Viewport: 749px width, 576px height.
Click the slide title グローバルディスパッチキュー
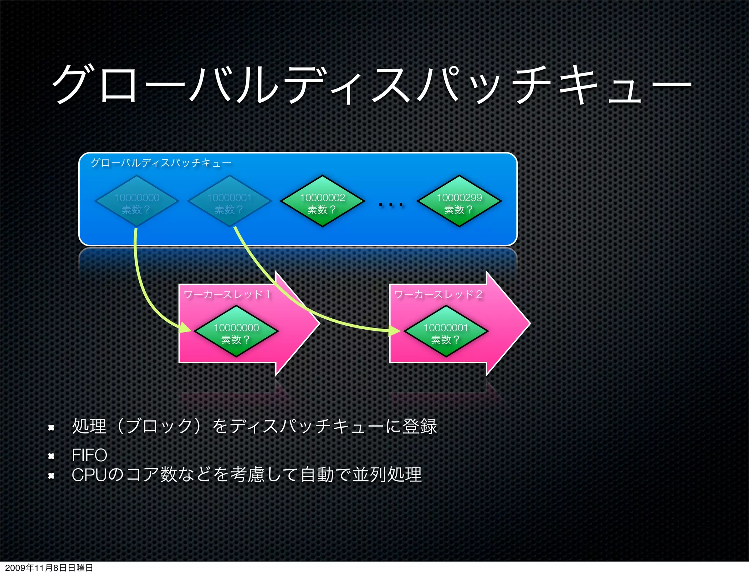point(371,85)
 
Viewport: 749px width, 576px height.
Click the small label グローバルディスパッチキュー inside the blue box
point(161,163)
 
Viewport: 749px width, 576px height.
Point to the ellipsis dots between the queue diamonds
point(391,205)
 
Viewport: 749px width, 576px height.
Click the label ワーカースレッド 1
point(227,295)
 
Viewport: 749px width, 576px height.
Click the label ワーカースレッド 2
point(438,295)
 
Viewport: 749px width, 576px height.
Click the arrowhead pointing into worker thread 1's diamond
point(185,328)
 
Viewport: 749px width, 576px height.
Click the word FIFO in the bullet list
point(90,455)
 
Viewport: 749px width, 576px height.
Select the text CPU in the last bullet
point(90,475)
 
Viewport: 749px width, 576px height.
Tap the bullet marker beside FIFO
point(51,456)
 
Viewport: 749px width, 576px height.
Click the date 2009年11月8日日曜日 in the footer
point(49,568)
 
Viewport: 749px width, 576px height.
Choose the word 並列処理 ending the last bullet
point(387,475)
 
